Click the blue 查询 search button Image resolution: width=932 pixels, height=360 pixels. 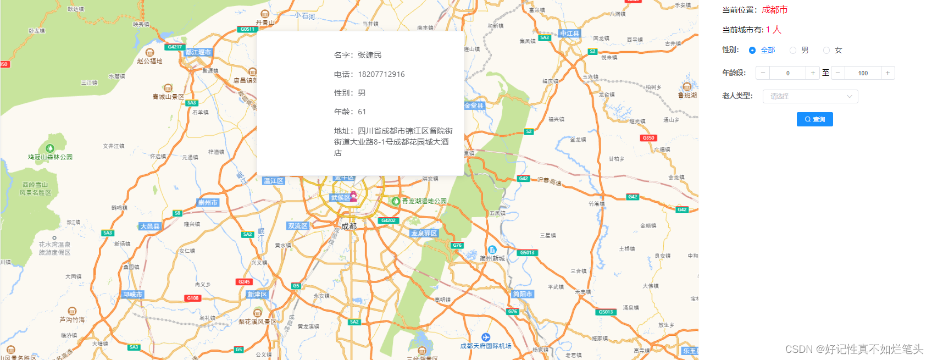pos(814,119)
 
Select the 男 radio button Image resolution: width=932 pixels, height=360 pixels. pos(793,51)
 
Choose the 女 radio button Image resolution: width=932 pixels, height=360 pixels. pos(826,51)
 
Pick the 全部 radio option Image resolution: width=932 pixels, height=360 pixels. pos(752,51)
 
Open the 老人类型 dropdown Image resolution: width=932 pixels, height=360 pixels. pos(810,96)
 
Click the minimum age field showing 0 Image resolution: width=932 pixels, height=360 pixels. pos(787,73)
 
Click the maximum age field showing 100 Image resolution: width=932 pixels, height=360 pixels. pos(863,73)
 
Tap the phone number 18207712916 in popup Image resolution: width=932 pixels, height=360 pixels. pos(381,74)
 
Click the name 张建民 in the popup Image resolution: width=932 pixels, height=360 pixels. pos(369,55)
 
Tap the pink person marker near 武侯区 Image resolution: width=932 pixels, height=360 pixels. pos(353,196)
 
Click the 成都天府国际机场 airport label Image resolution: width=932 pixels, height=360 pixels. pos(486,346)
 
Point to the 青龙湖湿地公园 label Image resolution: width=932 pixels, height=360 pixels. pos(424,201)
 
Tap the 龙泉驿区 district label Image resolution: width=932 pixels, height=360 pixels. pos(424,233)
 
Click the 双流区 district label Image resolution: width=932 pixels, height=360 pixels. pos(298,226)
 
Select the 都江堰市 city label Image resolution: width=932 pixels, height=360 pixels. pos(198,52)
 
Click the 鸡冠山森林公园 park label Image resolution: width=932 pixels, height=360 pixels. pos(50,157)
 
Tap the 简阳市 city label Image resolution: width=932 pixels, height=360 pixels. pos(522,294)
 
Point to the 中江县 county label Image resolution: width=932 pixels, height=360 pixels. pos(569,34)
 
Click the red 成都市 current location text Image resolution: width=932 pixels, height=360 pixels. pos(774,10)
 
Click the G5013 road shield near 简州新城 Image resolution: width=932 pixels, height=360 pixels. pos(526,253)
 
